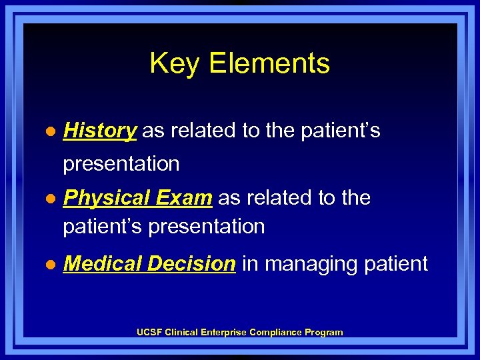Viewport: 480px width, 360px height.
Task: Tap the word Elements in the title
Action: (x=269, y=64)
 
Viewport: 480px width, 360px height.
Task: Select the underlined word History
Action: (x=99, y=131)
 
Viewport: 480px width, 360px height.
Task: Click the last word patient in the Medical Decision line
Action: (x=397, y=264)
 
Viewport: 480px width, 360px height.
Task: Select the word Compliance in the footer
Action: (x=275, y=332)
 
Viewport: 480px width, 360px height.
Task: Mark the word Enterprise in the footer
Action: (x=225, y=332)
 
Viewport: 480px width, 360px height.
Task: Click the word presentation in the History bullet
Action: (x=121, y=163)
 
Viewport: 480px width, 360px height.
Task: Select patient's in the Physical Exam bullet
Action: (x=103, y=227)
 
